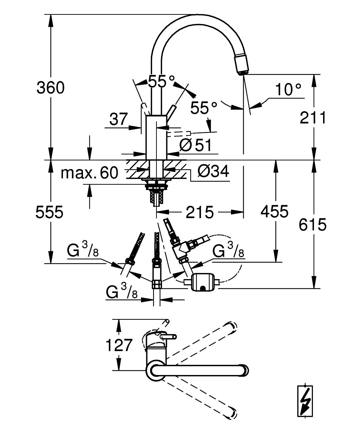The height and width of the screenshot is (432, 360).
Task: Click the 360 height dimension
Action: (x=51, y=88)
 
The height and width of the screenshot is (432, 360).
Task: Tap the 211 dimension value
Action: (x=313, y=117)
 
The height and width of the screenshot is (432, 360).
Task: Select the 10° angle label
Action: (x=288, y=89)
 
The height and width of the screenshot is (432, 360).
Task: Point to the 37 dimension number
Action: (x=118, y=119)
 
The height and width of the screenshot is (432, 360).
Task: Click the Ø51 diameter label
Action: (x=195, y=145)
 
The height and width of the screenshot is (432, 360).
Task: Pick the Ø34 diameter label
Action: (x=213, y=171)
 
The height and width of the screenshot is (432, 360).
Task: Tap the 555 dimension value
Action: (x=49, y=212)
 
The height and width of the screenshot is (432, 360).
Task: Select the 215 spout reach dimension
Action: (x=199, y=212)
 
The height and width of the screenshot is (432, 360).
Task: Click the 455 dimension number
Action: (x=274, y=211)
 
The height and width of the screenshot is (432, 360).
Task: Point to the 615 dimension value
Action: (x=313, y=224)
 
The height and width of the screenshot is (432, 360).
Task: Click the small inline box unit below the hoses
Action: (x=202, y=282)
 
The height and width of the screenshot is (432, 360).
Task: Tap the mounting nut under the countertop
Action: (x=156, y=186)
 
